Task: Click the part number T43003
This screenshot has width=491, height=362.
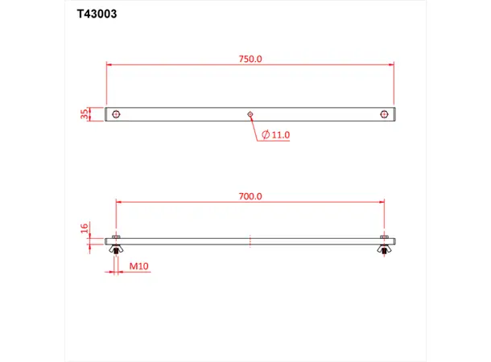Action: [x=97, y=14]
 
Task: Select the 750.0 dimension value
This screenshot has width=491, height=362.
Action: [x=250, y=59]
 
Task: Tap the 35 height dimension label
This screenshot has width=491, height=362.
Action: [x=84, y=114]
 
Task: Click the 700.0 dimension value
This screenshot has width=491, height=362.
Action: [x=250, y=195]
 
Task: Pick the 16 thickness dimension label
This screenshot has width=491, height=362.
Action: [x=84, y=229]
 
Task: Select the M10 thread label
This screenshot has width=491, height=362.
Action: [x=140, y=265]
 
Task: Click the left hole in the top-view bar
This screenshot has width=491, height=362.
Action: [x=117, y=114]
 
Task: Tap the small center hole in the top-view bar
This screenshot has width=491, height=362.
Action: [x=250, y=114]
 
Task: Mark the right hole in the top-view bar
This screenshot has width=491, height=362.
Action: [x=384, y=114]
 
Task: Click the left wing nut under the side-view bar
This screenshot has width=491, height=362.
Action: [x=117, y=252]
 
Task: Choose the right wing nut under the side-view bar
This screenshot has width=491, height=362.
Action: [x=384, y=252]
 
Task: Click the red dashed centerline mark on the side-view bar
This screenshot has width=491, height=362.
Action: [x=250, y=240]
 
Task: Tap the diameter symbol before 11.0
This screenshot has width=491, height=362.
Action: [x=265, y=135]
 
